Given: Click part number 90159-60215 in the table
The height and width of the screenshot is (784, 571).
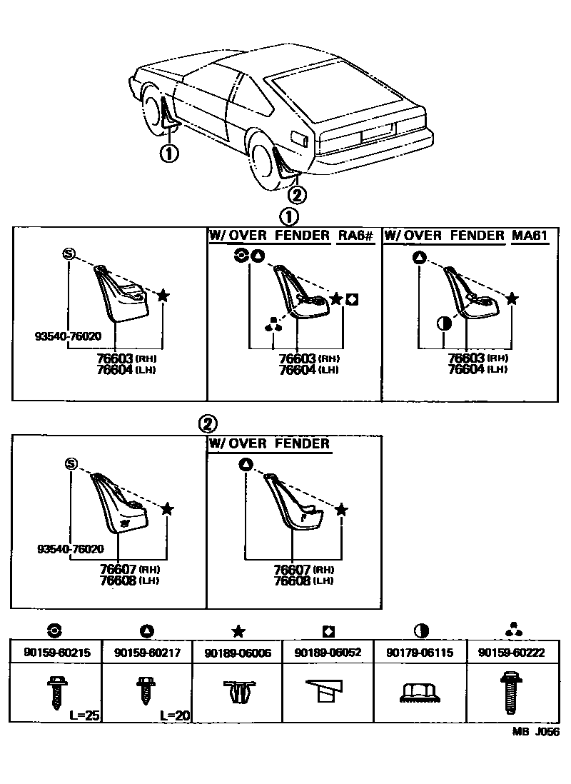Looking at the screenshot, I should pos(56,653).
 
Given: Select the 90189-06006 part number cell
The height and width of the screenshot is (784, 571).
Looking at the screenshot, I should pos(238,653).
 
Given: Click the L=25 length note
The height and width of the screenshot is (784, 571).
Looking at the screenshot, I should pos(84,715).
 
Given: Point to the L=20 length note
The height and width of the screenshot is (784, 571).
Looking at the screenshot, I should pos(175,715).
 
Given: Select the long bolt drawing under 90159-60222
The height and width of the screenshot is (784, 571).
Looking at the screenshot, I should pos(510,692).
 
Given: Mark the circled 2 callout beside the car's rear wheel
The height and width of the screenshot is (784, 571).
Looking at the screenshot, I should pos(298,194).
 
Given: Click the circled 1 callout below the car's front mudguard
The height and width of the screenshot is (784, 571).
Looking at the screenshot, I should pos(169,153).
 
